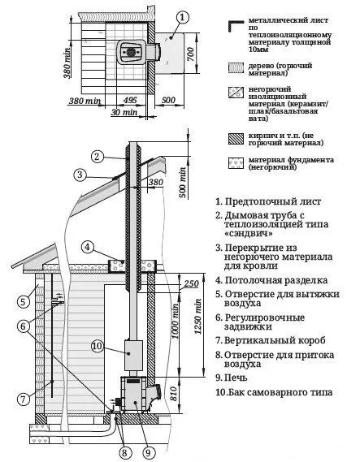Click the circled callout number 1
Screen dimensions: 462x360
click(x=184, y=15)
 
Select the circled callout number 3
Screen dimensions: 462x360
click(x=80, y=173)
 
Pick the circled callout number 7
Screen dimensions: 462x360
click(x=26, y=398)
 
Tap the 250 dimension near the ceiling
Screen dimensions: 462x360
click(x=191, y=283)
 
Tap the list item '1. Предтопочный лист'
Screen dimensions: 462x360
click(x=268, y=201)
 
